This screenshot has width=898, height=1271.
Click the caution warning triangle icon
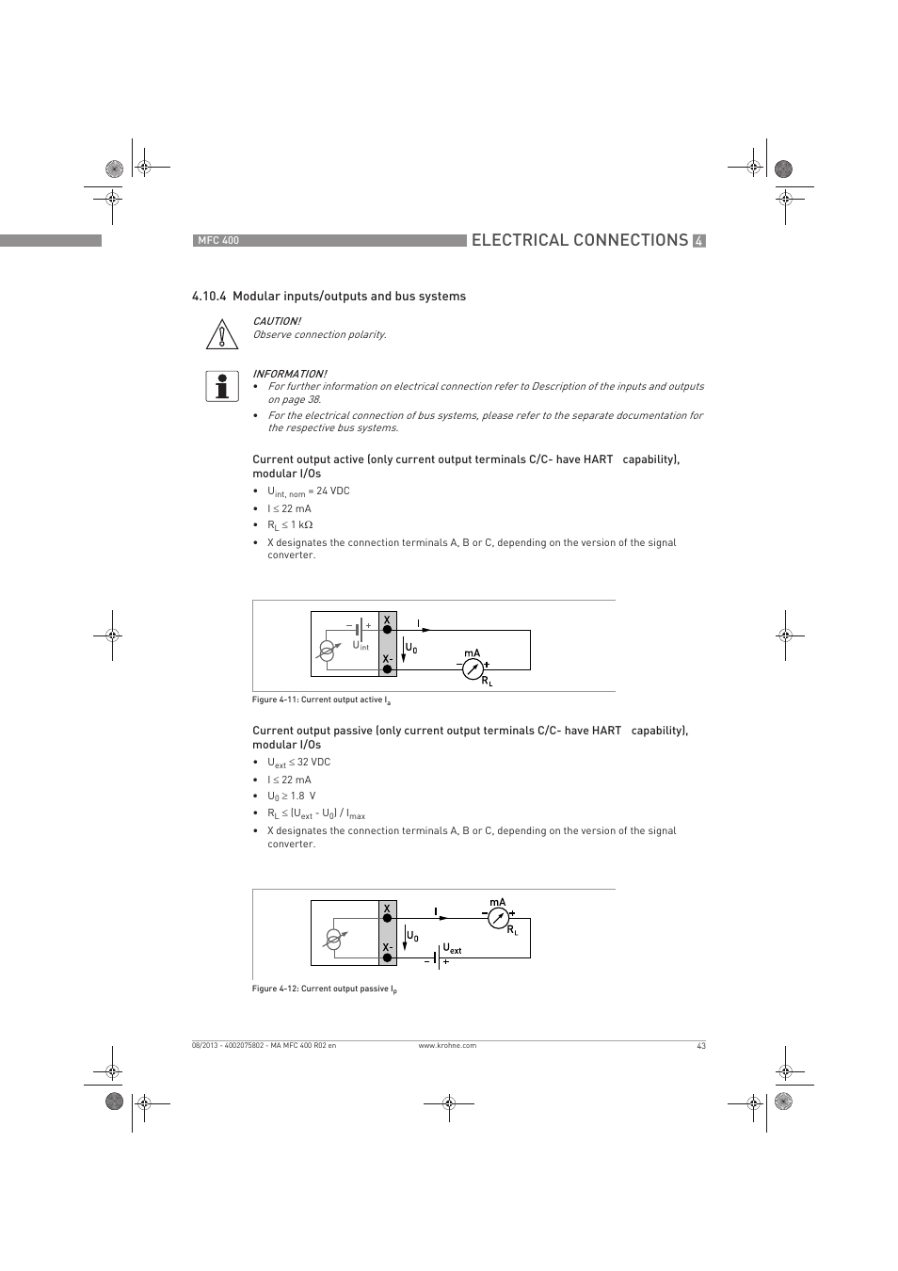click(x=220, y=334)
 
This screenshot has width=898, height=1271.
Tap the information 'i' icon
click(x=221, y=386)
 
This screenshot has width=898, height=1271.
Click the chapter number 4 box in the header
click(x=698, y=241)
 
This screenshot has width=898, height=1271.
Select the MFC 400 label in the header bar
click(x=217, y=241)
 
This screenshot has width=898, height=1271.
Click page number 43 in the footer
click(x=701, y=1046)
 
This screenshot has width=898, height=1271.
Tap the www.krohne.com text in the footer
click(x=447, y=1046)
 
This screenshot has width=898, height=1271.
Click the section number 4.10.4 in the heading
click(x=209, y=297)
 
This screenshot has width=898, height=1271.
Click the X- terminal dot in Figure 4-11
click(x=387, y=669)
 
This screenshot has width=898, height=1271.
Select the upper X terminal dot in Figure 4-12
click(x=387, y=917)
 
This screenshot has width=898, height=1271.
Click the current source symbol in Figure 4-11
click(x=327, y=651)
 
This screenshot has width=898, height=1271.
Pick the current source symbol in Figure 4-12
click(x=333, y=939)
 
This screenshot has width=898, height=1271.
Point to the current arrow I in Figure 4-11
click(x=425, y=630)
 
